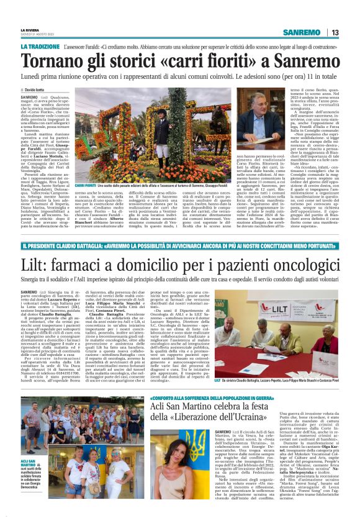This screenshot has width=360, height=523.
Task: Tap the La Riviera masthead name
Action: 28,28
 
